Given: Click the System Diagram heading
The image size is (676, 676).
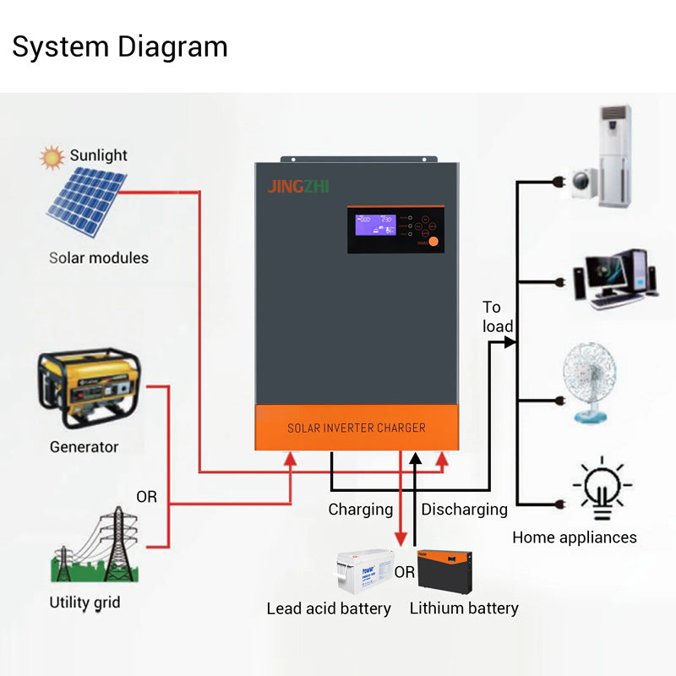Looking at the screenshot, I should (119, 46).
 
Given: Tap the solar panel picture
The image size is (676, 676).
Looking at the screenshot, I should (86, 203).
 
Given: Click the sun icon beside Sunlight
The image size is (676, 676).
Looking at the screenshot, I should (52, 156).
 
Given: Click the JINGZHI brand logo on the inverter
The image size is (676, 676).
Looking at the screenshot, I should (298, 187).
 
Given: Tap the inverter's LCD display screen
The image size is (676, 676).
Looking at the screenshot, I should (375, 225).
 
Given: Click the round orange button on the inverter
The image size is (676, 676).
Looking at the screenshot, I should (433, 242).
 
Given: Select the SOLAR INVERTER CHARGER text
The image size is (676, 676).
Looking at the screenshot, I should (356, 428).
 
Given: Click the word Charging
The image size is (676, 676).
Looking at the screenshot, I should (361, 510).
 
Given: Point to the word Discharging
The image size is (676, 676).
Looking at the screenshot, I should (464, 510).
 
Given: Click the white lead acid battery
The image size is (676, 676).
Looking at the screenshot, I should (364, 571).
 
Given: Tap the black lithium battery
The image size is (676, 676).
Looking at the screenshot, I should (444, 571).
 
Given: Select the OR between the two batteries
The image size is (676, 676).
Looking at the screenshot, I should (405, 572).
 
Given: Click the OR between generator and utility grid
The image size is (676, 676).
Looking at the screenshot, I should (147, 497).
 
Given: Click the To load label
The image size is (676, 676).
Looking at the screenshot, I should (497, 317).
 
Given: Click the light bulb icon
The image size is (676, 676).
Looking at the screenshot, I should (602, 488).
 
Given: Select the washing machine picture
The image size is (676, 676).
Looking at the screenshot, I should (586, 182).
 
